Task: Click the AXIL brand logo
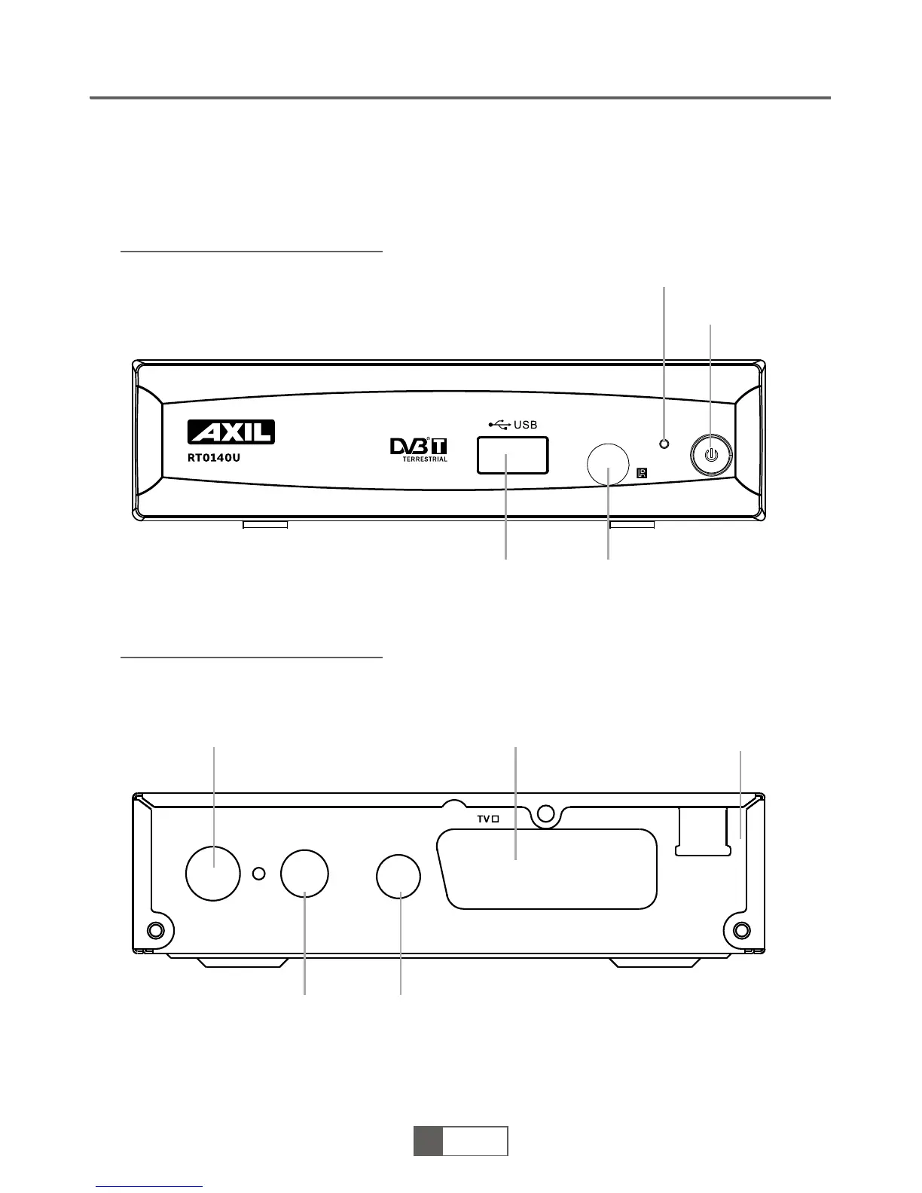(231, 432)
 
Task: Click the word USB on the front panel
(525, 425)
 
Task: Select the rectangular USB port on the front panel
(512, 455)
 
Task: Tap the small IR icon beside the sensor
(642, 474)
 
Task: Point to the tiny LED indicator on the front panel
(664, 444)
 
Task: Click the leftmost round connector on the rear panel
(213, 873)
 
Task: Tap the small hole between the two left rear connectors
(258, 874)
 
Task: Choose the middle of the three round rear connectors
(304, 874)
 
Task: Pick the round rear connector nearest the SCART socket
(398, 877)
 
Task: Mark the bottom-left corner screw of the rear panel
(156, 929)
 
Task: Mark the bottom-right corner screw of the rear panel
(740, 929)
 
